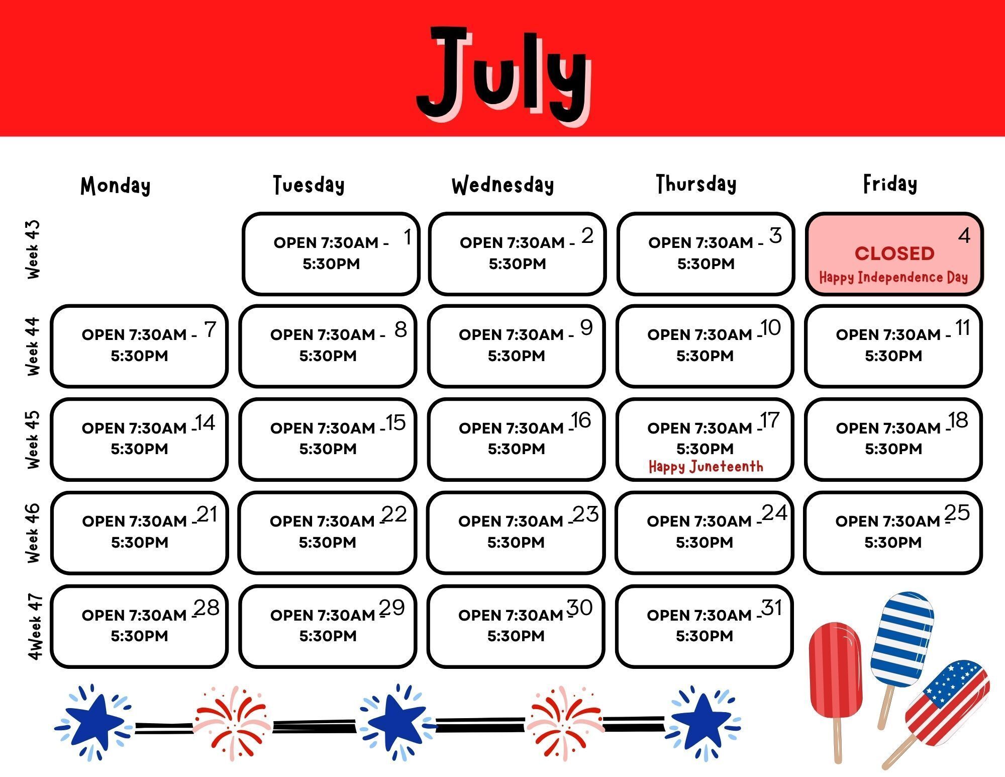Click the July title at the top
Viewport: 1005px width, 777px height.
pyautogui.click(x=504, y=75)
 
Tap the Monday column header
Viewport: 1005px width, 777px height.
pyautogui.click(x=116, y=186)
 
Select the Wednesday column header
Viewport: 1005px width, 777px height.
pyautogui.click(x=503, y=185)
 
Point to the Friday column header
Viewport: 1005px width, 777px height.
pyautogui.click(x=890, y=184)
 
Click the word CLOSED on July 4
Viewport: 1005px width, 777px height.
pyautogui.click(x=894, y=253)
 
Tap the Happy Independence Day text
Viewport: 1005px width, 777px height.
pyautogui.click(x=893, y=278)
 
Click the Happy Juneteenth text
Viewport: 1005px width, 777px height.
pyautogui.click(x=706, y=467)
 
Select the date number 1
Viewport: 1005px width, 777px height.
pyautogui.click(x=408, y=237)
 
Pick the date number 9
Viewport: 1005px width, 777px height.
pyautogui.click(x=586, y=327)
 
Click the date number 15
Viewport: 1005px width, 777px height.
pyautogui.click(x=396, y=422)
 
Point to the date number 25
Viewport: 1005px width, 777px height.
pyautogui.click(x=957, y=512)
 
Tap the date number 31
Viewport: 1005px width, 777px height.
pyautogui.click(x=772, y=608)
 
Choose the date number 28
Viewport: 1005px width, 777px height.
pyautogui.click(x=207, y=608)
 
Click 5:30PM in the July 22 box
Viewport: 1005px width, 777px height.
pyautogui.click(x=328, y=543)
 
